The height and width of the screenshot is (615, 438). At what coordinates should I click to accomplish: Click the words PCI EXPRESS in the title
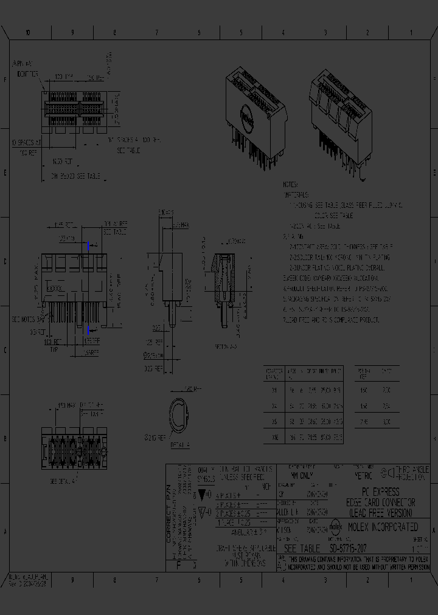380,492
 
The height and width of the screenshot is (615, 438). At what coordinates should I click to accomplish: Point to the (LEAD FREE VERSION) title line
380,512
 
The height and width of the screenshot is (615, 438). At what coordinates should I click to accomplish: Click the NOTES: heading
290,184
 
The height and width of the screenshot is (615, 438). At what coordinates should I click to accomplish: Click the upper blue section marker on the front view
89,246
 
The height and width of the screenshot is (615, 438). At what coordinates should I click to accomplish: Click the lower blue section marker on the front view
89,329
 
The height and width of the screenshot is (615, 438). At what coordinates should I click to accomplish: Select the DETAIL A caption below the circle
181,445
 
